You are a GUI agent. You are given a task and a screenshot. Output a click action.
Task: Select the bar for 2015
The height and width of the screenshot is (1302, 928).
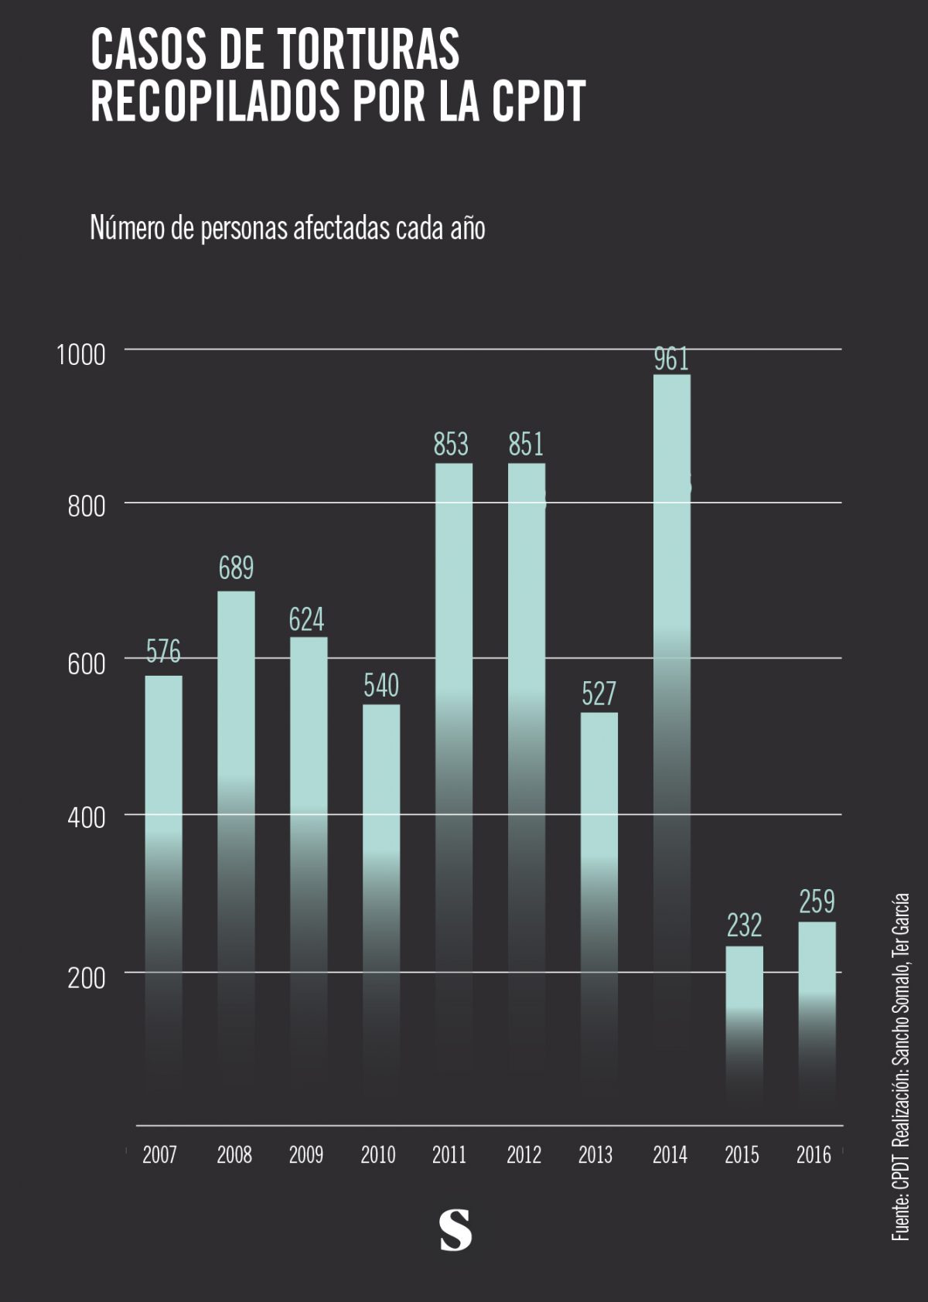point(744,1005)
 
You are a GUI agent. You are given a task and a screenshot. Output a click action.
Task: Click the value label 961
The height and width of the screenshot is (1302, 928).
point(671,360)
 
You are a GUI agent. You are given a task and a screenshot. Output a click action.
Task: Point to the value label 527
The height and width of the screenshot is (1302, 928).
point(599,694)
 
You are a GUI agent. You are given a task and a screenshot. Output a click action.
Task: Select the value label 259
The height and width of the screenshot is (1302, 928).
point(817,902)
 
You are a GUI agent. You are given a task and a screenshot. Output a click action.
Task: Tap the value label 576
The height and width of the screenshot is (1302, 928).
point(163,652)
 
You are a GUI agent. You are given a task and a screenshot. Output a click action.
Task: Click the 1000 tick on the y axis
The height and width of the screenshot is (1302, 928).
point(80,355)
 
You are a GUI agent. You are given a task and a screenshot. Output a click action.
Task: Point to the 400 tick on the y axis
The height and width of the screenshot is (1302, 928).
point(86,818)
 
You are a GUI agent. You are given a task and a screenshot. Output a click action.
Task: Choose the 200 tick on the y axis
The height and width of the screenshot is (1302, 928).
point(86,978)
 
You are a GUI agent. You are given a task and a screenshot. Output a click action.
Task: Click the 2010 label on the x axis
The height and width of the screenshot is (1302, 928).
point(378,1155)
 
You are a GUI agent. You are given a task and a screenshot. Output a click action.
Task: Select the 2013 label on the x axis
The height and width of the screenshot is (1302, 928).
point(595,1155)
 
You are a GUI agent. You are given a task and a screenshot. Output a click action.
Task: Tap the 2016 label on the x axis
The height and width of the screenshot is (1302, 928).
point(814,1155)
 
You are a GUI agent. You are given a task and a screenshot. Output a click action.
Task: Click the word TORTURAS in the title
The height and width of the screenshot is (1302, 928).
point(368,50)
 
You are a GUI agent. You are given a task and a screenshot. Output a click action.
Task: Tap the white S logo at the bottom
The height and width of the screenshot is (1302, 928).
point(455,1230)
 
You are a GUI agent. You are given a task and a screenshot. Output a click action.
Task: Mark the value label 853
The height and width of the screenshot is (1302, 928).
point(451,445)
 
